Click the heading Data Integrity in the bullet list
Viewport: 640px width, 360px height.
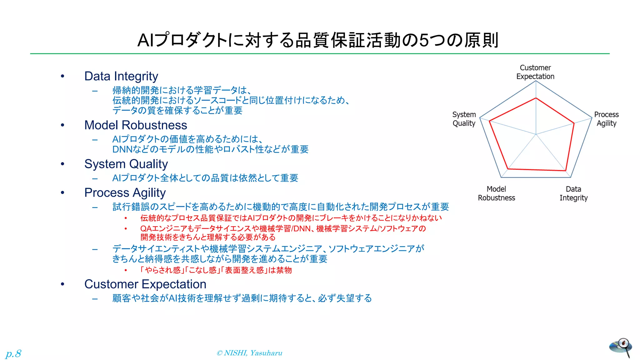point(121,76)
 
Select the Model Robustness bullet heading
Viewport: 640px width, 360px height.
point(136,125)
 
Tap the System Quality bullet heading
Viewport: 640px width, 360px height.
point(126,164)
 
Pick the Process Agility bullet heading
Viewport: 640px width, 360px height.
point(125,192)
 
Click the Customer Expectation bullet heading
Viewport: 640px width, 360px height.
point(145,284)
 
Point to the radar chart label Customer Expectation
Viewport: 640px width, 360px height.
point(535,72)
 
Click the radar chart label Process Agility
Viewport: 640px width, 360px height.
point(606,119)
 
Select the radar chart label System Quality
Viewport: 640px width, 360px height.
point(464,119)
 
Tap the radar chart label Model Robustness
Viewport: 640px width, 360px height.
point(496,193)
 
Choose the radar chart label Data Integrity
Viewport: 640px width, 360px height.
point(573,193)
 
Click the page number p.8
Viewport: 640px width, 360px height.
point(13,353)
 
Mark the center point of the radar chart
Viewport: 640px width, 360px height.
point(536,134)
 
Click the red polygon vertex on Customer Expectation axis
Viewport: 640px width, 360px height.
point(536,98)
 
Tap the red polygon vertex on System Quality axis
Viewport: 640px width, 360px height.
point(489,121)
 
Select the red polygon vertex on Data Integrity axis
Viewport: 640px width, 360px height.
point(566,171)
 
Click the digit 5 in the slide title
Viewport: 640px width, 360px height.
point(423,40)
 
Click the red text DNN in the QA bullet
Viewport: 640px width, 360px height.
point(302,228)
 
